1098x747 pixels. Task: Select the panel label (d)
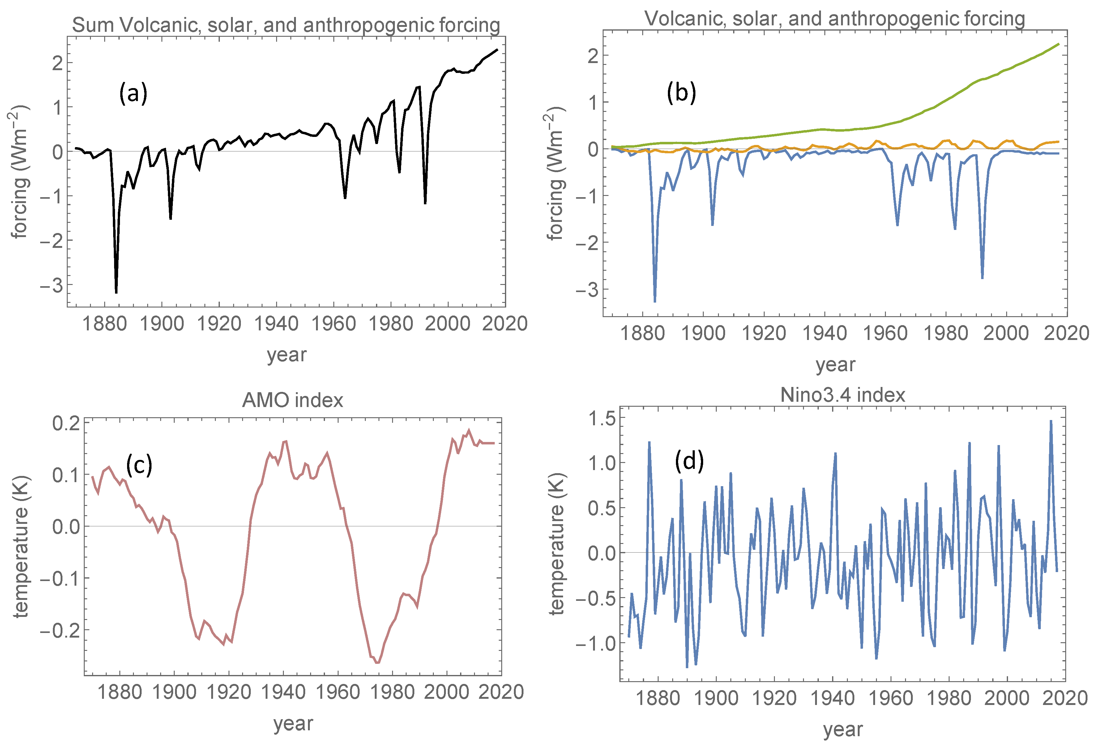pos(689,461)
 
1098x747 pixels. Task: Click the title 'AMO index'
pos(293,400)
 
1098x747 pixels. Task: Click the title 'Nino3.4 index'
pos(842,394)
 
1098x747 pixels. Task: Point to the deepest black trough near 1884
pos(116,292)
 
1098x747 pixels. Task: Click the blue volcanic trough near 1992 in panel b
pos(982,278)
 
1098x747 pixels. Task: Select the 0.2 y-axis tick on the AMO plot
pos(66,422)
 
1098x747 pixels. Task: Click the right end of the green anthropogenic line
pos(1058,44)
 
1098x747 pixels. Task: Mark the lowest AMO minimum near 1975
pos(377,663)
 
